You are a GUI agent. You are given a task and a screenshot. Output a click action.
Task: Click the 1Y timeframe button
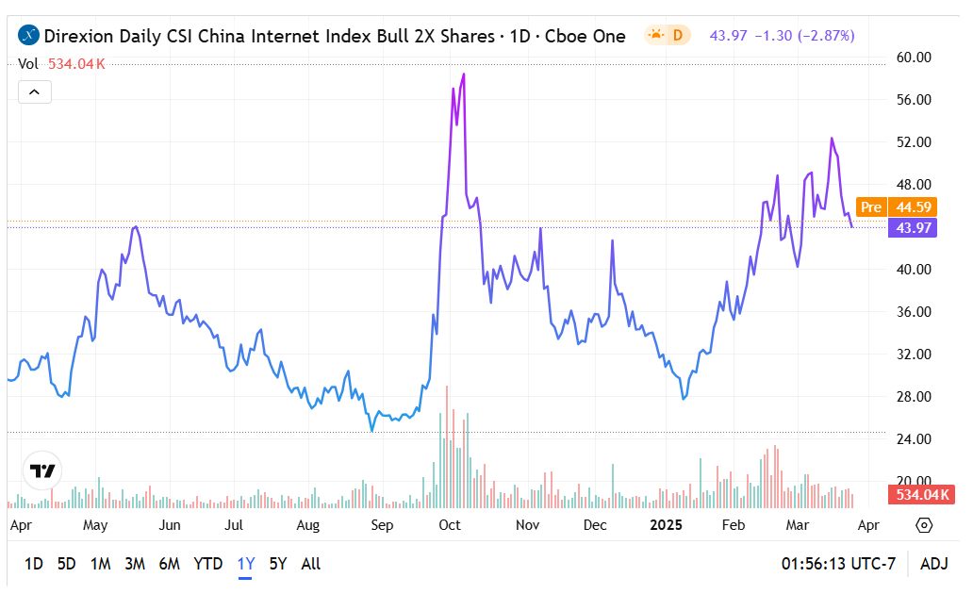click(246, 564)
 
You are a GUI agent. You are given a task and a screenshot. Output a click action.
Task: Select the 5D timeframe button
click(66, 564)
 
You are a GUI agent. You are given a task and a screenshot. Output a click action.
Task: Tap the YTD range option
click(207, 564)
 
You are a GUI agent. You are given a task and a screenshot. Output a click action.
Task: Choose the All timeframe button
click(310, 564)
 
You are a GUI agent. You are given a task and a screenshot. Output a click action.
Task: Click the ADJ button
click(933, 564)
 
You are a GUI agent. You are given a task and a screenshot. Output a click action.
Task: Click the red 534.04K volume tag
click(922, 495)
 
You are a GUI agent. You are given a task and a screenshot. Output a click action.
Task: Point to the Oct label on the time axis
click(450, 525)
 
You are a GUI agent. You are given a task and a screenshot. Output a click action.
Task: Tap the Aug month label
click(307, 525)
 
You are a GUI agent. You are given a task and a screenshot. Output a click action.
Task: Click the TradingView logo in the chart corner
click(42, 470)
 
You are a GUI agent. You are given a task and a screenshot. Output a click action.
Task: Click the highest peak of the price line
click(464, 74)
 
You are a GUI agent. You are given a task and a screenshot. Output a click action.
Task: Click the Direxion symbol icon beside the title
click(29, 36)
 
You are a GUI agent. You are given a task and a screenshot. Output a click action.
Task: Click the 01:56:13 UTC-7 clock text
click(838, 564)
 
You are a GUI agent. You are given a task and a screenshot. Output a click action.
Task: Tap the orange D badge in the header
click(676, 36)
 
